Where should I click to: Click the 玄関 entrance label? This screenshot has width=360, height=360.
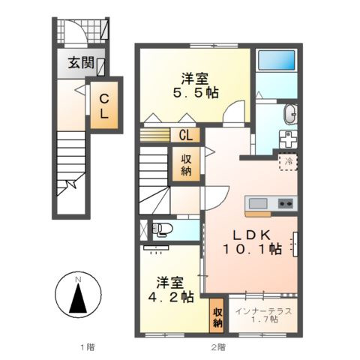click(x=82, y=64)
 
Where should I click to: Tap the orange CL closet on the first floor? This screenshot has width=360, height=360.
click(x=104, y=106)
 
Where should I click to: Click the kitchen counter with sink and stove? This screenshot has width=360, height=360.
click(x=269, y=202)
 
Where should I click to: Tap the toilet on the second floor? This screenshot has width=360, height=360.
click(x=160, y=229)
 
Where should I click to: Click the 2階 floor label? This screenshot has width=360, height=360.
click(x=217, y=347)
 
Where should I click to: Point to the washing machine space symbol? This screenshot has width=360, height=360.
click(x=289, y=140)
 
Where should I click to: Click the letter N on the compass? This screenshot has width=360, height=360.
click(x=78, y=281)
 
